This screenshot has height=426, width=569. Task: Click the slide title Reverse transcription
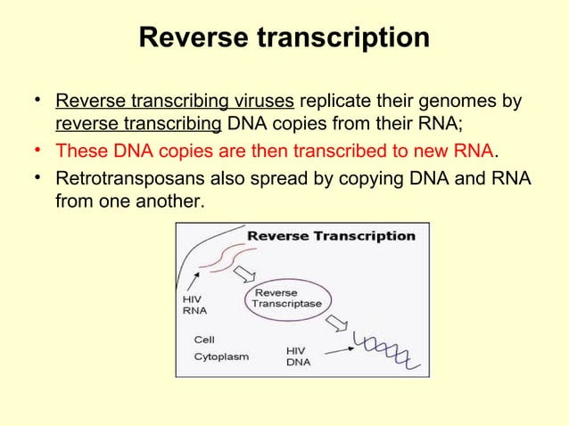click(284, 38)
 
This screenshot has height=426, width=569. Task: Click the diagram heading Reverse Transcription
click(330, 236)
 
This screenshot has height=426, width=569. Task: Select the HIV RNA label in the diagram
click(192, 305)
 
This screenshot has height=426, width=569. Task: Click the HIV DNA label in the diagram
click(297, 356)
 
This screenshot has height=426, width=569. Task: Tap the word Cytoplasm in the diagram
click(221, 356)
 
